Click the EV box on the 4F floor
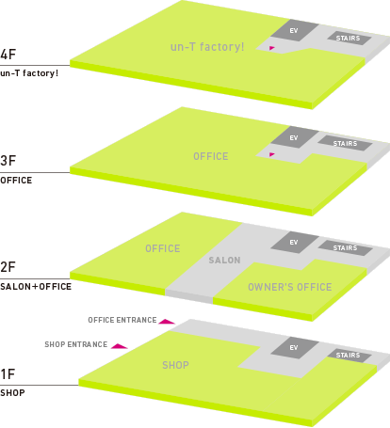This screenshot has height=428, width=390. (x=294, y=30)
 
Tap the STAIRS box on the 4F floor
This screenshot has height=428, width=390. (x=349, y=39)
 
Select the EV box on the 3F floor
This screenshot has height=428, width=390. (x=294, y=137)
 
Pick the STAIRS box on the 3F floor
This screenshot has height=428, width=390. (x=345, y=143)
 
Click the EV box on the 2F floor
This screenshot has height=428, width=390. (x=294, y=242)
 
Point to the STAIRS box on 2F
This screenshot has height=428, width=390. (x=345, y=248)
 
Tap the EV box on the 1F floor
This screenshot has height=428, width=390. (x=294, y=347)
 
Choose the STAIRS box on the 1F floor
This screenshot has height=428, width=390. (x=349, y=356)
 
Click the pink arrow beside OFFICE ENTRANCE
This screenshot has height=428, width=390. (x=167, y=322)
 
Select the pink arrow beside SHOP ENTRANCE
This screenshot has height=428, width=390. (x=120, y=346)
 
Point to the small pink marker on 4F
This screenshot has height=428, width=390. (x=272, y=48)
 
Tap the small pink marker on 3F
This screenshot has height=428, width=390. (x=272, y=154)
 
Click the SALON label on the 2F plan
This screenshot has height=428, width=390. (x=224, y=261)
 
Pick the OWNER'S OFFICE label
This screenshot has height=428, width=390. (x=290, y=287)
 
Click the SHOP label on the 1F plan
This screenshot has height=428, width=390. (x=175, y=365)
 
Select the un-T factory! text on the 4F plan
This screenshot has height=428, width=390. (x=207, y=47)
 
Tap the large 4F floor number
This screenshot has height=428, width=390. (x=8, y=55)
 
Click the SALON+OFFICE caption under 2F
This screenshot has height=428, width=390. (x=36, y=287)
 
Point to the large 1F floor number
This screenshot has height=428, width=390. (x=8, y=374)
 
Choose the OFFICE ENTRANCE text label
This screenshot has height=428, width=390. (x=122, y=320)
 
